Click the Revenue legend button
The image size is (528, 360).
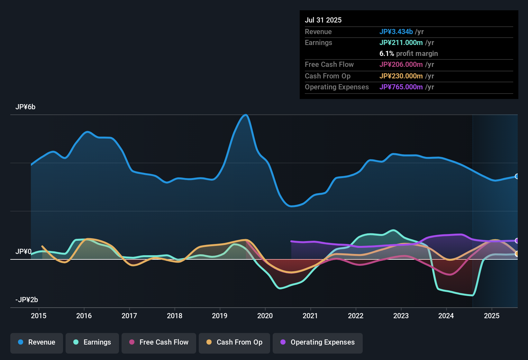[37, 342]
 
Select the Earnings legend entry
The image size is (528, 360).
[92, 342]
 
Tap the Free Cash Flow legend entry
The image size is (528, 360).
[159, 342]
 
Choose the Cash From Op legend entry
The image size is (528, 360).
[234, 342]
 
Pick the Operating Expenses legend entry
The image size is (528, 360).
[318, 342]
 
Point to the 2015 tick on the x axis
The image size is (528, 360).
[39, 316]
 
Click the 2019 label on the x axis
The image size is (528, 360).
[220, 316]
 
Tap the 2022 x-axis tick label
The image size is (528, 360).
[356, 316]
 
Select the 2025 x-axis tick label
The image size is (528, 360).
[492, 316]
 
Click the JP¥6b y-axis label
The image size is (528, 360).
[25, 107]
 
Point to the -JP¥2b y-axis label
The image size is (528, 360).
[27, 300]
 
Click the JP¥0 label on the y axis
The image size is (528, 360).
[23, 252]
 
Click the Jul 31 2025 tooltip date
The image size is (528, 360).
[323, 20]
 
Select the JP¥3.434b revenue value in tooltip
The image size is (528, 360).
[396, 32]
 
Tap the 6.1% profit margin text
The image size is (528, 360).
[408, 54]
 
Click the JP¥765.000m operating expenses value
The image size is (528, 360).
[401, 87]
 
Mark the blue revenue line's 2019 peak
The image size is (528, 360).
[246, 115]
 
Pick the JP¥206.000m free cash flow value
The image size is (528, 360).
[401, 65]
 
